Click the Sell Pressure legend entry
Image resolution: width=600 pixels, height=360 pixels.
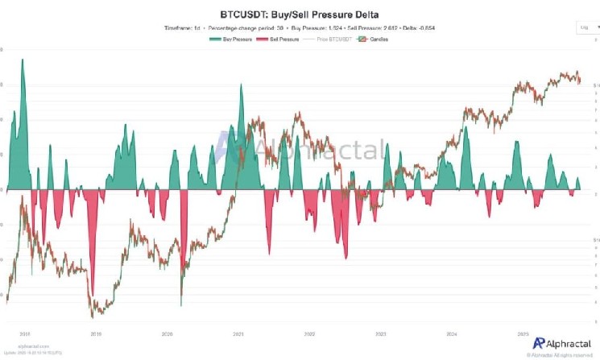coord(279,39)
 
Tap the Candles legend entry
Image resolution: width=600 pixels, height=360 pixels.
coord(371,39)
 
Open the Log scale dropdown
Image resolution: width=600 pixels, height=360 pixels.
coord(586,27)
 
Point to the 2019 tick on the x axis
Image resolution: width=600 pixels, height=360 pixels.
coord(95,333)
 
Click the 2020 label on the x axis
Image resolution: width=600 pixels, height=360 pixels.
coord(167,333)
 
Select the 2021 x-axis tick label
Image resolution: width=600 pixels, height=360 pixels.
coord(238,333)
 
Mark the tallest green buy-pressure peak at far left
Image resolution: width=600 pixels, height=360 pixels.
coord(23,60)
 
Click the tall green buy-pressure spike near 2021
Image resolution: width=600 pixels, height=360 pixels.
coord(241,86)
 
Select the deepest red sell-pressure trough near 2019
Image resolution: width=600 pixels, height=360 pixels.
coord(92,294)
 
